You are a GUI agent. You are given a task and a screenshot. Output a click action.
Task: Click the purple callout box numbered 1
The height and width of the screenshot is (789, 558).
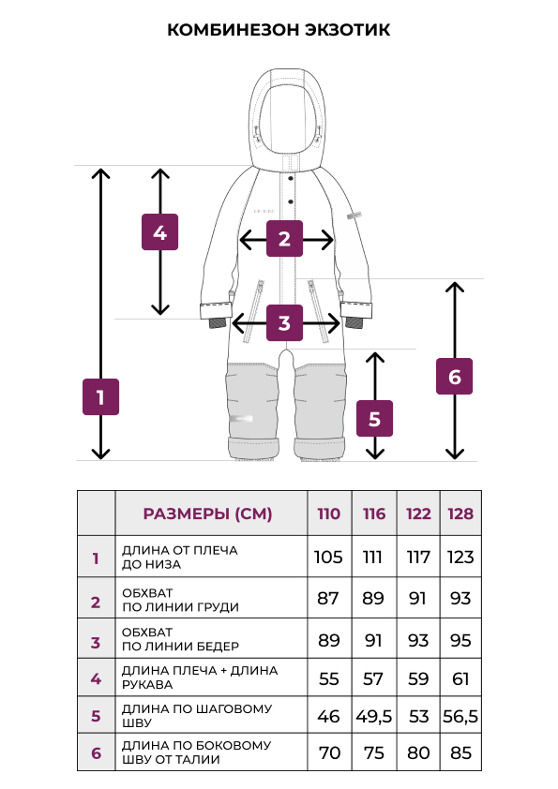(100, 396)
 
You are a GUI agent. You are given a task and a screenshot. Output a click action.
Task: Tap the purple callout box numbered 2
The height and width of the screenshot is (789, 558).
(284, 239)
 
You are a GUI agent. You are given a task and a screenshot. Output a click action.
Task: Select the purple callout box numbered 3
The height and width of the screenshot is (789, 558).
(284, 322)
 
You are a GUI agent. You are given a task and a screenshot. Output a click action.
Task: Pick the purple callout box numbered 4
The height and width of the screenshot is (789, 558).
(159, 232)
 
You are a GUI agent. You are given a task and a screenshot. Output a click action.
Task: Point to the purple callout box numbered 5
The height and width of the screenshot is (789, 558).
(375, 418)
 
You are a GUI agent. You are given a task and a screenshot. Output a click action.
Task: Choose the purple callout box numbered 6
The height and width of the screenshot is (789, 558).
(454, 376)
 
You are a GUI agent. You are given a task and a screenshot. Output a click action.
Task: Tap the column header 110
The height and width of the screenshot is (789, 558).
(329, 514)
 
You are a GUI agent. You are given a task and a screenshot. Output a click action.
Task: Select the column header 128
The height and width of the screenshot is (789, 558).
(460, 514)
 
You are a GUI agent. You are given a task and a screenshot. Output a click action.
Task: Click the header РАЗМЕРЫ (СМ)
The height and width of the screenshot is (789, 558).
(207, 514)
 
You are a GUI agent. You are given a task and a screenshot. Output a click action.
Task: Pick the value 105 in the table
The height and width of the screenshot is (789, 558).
(328, 557)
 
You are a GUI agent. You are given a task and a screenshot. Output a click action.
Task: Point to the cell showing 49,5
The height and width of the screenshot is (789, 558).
(373, 716)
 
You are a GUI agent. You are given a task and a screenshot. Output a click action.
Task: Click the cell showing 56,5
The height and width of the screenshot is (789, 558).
(460, 716)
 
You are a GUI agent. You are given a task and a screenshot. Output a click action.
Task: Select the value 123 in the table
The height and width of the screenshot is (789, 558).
(460, 557)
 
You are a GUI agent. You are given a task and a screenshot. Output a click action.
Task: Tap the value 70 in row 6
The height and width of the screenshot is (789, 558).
(329, 752)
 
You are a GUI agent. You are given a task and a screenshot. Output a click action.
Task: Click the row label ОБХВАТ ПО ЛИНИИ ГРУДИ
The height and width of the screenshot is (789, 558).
(180, 600)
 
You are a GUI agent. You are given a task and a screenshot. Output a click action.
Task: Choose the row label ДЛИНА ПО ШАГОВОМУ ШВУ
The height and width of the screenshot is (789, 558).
(197, 716)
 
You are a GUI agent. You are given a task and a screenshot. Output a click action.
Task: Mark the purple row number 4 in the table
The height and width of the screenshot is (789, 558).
(96, 678)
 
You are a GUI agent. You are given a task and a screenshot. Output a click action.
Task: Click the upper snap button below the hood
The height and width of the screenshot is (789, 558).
(291, 179)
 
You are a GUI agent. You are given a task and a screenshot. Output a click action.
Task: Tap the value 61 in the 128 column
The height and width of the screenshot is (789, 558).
(460, 678)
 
